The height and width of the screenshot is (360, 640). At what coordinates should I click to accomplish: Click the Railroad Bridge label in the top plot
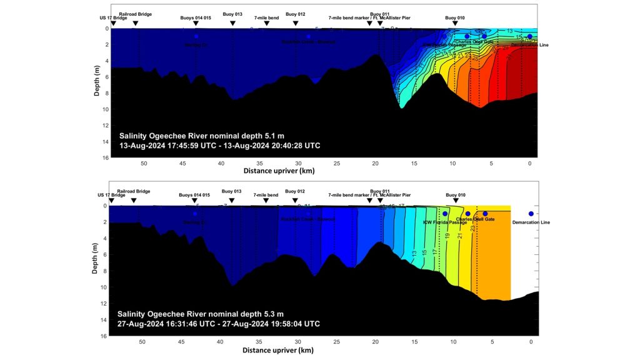[x=134, y=13]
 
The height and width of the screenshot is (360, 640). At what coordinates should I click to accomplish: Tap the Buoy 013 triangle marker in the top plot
[x=232, y=23]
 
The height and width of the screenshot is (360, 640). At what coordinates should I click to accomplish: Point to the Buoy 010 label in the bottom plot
[x=455, y=195]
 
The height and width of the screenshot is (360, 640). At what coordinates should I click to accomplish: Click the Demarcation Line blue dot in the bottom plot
[x=531, y=214]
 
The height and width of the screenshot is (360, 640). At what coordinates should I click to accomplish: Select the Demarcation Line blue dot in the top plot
[x=529, y=36]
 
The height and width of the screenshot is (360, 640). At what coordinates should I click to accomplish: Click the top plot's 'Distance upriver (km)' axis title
[x=278, y=171]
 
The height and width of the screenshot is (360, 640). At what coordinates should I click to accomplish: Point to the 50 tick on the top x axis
[x=144, y=163]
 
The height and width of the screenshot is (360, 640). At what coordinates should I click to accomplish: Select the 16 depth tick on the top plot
[x=106, y=158]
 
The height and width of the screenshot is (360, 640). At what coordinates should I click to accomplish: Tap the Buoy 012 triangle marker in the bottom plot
[x=295, y=201]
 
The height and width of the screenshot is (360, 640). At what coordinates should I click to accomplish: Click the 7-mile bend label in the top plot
[x=266, y=18]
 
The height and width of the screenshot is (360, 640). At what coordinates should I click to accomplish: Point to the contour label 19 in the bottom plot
[x=447, y=236]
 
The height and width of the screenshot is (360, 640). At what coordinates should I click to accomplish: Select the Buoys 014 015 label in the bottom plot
[x=195, y=195]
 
